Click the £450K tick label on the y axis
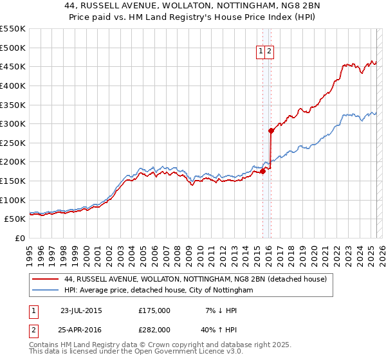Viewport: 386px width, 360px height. [x=13, y=66]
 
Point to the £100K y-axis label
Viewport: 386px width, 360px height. [x=13, y=200]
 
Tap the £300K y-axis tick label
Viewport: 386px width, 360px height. [x=13, y=123]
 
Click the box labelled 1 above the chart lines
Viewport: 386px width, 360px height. [x=261, y=52]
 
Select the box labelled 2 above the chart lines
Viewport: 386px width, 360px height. [x=270, y=52]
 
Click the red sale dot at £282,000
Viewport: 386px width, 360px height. [x=271, y=130]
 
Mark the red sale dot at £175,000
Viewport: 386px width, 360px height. [x=263, y=171]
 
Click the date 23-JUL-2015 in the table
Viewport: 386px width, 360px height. [x=81, y=310]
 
